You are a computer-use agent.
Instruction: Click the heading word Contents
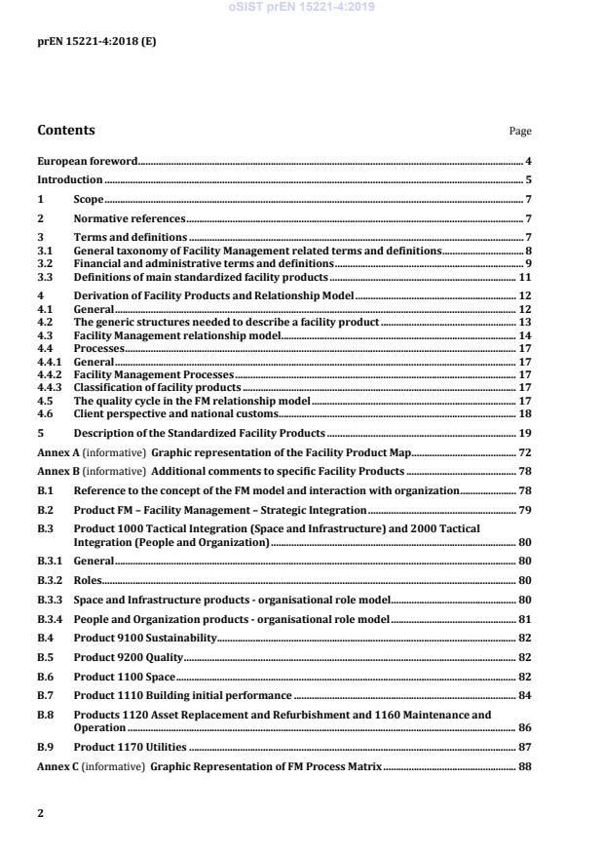pyautogui.click(x=66, y=130)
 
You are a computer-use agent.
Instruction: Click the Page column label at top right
pyautogui.click(x=520, y=132)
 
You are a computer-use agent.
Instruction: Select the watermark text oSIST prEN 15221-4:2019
pyautogui.click(x=301, y=8)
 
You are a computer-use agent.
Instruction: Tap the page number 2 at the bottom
pyautogui.click(x=40, y=811)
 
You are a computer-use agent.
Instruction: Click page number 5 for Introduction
pyautogui.click(x=528, y=180)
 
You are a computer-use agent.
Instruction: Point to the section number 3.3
pyautogui.click(x=45, y=277)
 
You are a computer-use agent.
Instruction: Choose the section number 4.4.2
pyautogui.click(x=49, y=374)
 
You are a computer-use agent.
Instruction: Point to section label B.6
pyautogui.click(x=45, y=676)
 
